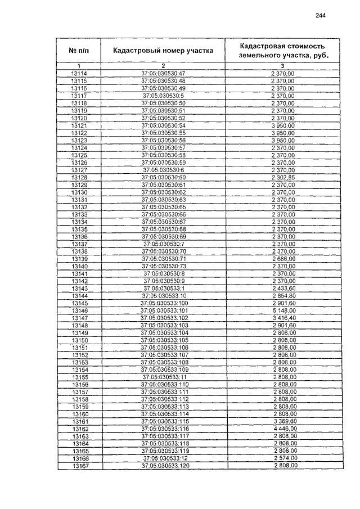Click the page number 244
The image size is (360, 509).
pyautogui.click(x=321, y=16)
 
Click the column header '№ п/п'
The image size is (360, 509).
pyautogui.click(x=80, y=51)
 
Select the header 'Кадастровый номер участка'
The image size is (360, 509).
pyautogui.click(x=163, y=51)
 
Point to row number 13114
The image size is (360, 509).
pyautogui.click(x=80, y=74)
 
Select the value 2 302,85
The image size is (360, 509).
pyautogui.click(x=283, y=177)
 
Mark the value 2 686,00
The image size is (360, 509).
pyautogui.click(x=283, y=259)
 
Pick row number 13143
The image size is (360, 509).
pyautogui.click(x=80, y=288)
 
